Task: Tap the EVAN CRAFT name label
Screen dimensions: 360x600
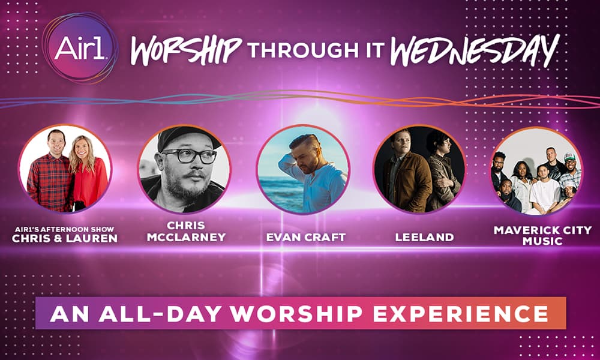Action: (x=306, y=237)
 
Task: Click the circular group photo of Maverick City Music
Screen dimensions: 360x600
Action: (x=535, y=172)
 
